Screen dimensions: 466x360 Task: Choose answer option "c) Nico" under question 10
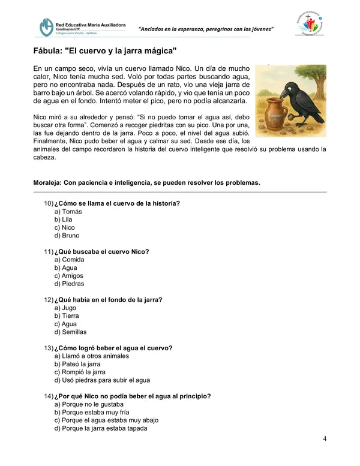tap(64, 228)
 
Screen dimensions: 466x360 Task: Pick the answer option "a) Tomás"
tap(68, 212)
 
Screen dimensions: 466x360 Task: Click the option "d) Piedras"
tap(69, 284)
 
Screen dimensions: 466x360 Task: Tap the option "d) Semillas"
tap(70, 332)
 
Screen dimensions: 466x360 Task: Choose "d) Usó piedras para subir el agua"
tap(102, 380)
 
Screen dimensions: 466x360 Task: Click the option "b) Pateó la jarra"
tap(77, 364)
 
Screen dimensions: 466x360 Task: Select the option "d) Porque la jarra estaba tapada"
tap(100, 428)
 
